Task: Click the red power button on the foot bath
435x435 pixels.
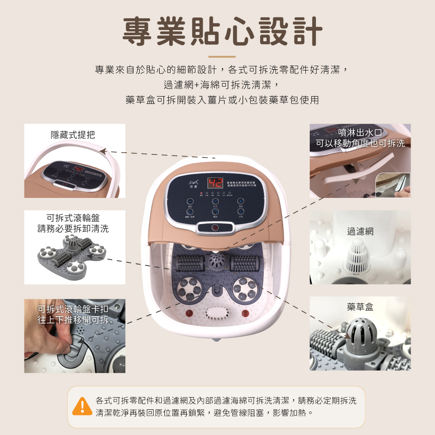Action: pos(214,228)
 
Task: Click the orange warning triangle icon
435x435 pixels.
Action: pos(82,406)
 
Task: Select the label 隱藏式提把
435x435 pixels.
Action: pos(73,135)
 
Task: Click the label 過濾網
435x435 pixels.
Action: pos(360,231)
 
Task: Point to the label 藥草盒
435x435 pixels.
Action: pos(360,307)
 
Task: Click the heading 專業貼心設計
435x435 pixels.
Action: pos(222,32)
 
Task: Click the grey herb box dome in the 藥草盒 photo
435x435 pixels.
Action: pos(361,336)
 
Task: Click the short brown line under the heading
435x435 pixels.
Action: pos(222,57)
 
